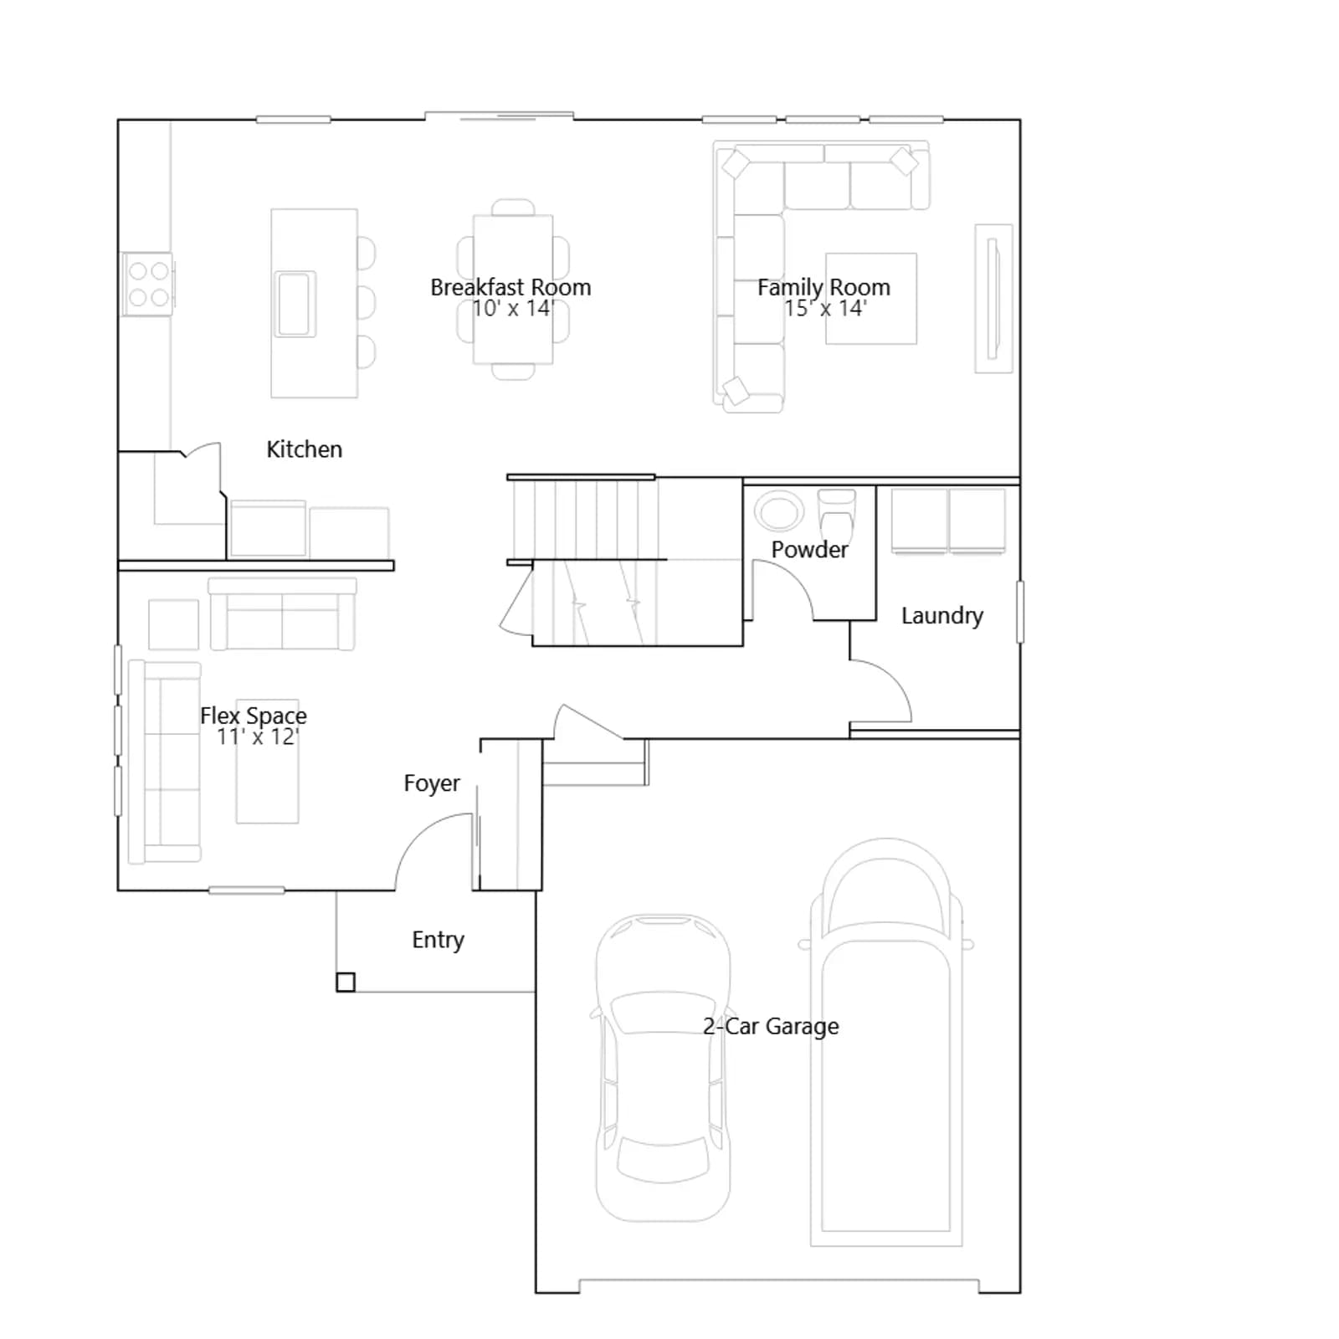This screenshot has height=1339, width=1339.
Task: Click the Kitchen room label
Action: (x=304, y=449)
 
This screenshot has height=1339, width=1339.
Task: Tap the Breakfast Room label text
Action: (x=510, y=287)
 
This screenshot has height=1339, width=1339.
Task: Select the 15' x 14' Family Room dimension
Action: (x=825, y=308)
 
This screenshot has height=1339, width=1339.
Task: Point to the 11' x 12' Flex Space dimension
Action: (x=258, y=736)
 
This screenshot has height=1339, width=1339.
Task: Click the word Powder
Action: (x=809, y=550)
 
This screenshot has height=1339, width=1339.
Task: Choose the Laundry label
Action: (x=942, y=616)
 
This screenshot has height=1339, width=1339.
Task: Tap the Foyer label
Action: (x=432, y=783)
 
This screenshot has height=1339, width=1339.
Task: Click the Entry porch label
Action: (x=438, y=940)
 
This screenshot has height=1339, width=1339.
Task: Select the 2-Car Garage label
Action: (x=771, y=1026)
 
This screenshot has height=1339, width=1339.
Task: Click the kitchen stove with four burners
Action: (x=148, y=285)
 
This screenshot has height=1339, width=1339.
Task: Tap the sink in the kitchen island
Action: (x=295, y=304)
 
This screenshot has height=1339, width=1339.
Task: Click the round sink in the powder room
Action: (x=779, y=510)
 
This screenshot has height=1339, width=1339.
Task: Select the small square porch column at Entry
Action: (x=346, y=982)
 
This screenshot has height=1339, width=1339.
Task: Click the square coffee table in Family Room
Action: (x=871, y=299)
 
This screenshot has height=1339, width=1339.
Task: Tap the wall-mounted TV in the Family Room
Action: (x=993, y=299)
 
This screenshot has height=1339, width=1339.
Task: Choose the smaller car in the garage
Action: (x=663, y=1068)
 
